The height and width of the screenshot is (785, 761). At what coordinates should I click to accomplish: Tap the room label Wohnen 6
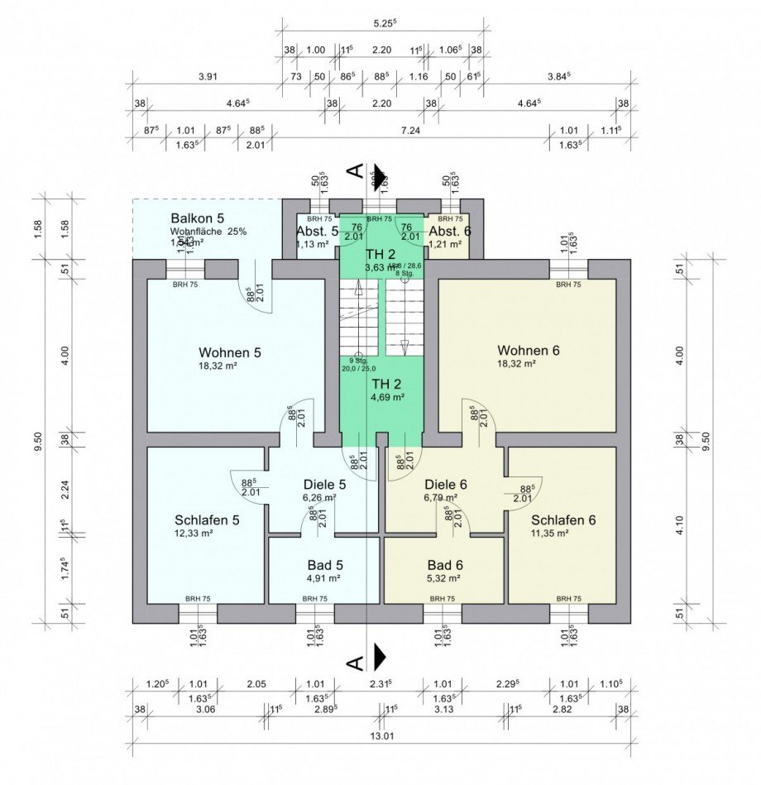(528, 351)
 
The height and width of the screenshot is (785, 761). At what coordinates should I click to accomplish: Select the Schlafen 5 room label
(207, 520)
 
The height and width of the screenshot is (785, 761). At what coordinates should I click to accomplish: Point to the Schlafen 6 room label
(563, 520)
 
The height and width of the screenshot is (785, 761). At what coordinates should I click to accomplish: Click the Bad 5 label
(323, 565)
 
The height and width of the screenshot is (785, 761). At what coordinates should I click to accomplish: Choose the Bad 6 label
(443, 565)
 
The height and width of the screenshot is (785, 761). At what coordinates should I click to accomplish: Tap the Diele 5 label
(318, 485)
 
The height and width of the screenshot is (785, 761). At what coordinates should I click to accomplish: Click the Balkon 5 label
(197, 218)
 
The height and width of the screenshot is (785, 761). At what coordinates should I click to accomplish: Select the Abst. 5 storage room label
(318, 232)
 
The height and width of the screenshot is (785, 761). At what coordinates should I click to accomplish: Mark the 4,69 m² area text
(387, 397)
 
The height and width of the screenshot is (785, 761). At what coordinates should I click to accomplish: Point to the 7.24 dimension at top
(411, 130)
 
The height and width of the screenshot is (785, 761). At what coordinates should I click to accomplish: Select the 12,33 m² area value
(194, 534)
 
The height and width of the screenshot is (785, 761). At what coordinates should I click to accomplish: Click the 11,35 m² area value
(550, 534)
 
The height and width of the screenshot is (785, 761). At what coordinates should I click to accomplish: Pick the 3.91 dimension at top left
(208, 77)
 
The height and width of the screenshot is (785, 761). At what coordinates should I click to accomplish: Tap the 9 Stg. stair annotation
(357, 361)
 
